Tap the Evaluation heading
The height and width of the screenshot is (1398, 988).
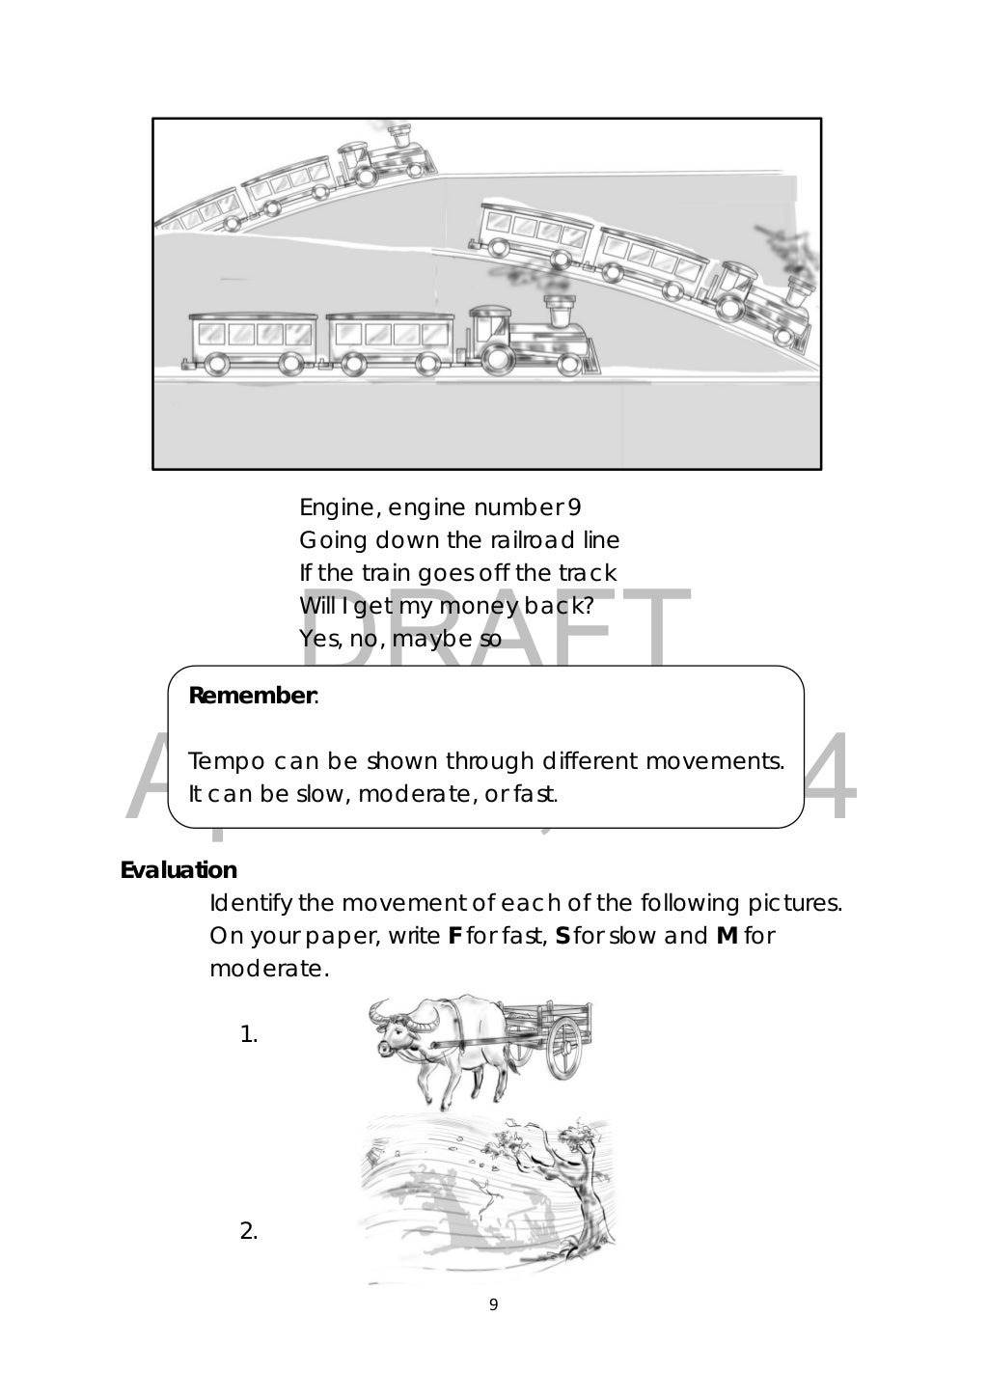click(178, 870)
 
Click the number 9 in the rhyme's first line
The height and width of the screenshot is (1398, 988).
click(575, 507)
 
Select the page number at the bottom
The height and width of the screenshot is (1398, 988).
click(494, 1305)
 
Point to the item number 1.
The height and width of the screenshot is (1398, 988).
click(248, 1036)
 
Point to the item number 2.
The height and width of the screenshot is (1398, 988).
click(248, 1231)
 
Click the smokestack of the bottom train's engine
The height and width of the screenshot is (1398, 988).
click(559, 312)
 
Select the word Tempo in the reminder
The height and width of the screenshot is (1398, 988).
click(226, 761)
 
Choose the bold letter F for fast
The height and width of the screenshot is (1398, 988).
click(455, 936)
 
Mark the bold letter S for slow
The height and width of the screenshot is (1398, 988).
click(563, 936)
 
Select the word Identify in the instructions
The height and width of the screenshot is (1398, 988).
click(251, 903)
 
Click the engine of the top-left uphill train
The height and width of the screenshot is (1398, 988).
click(386, 153)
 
